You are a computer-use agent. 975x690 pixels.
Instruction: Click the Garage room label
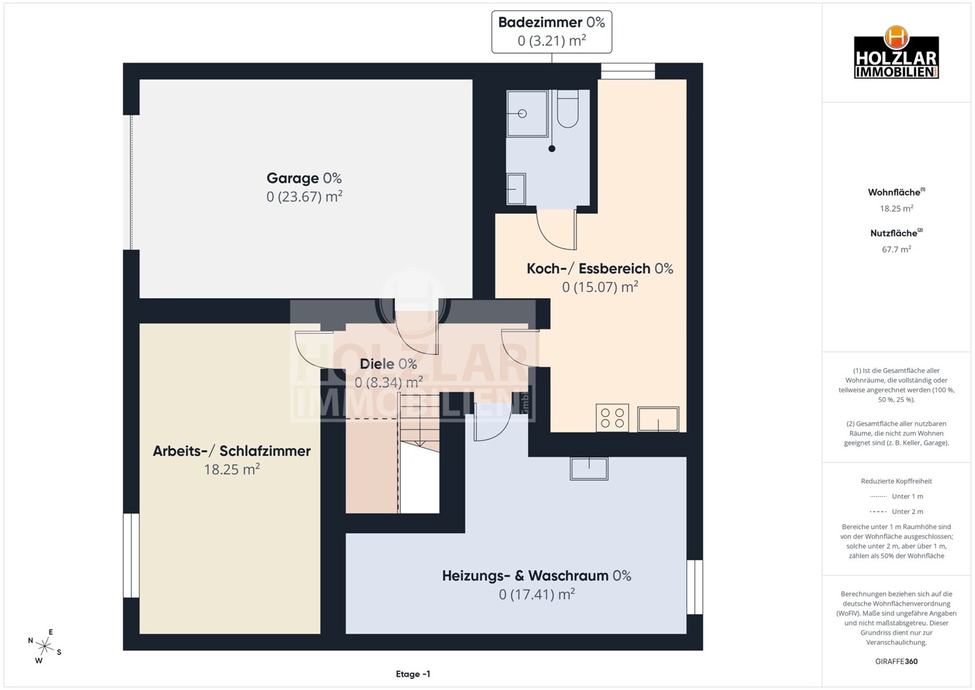pos(304,178)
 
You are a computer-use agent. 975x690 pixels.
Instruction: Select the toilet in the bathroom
pos(567,109)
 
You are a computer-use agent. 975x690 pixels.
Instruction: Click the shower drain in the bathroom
pos(552,148)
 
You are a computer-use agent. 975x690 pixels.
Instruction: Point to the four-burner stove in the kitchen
pos(613,417)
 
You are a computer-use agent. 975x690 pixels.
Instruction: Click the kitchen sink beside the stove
pos(658,419)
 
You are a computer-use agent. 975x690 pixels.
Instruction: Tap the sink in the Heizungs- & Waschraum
pos(589,468)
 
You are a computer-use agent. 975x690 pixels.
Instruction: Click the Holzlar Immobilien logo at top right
pos(896,52)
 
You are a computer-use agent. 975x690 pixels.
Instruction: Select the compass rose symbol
pos(44,646)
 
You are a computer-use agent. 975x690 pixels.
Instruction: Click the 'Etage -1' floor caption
pos(413,674)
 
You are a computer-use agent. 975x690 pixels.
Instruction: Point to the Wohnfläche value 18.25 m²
pos(896,208)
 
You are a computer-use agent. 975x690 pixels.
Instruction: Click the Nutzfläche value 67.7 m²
pos(896,250)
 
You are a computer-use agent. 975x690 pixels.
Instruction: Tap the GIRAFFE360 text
pos(896,661)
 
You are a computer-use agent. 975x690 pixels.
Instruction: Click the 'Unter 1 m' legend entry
pos(896,496)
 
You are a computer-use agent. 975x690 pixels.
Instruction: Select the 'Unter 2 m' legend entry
pos(896,512)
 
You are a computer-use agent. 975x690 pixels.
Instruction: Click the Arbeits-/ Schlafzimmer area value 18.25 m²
pos(232,469)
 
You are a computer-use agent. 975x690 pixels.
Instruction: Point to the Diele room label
pos(388,364)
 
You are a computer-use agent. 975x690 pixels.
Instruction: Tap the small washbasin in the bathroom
pos(516,189)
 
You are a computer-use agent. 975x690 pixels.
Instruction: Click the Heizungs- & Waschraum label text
pos(536,576)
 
